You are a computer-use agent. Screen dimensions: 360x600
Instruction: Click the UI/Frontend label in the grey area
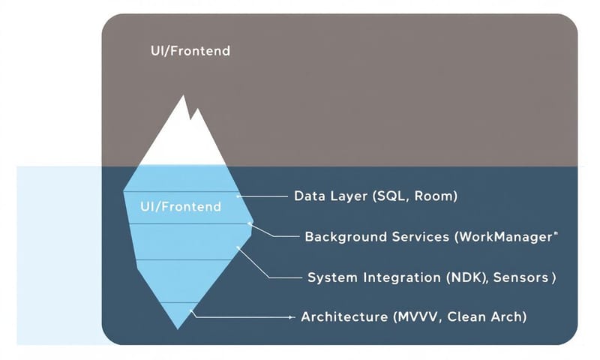(190, 52)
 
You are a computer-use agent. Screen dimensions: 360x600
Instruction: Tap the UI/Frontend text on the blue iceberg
(180, 206)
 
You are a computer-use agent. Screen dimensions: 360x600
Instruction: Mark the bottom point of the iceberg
(178, 328)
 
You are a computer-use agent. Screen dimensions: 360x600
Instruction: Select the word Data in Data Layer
(309, 196)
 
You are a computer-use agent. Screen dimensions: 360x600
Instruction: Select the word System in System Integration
(330, 277)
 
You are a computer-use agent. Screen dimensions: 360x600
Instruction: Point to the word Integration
(402, 277)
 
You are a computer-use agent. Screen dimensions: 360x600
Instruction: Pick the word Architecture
(343, 317)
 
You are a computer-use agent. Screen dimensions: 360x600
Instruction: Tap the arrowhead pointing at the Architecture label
(291, 317)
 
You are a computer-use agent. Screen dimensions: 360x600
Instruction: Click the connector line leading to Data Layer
(262, 196)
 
